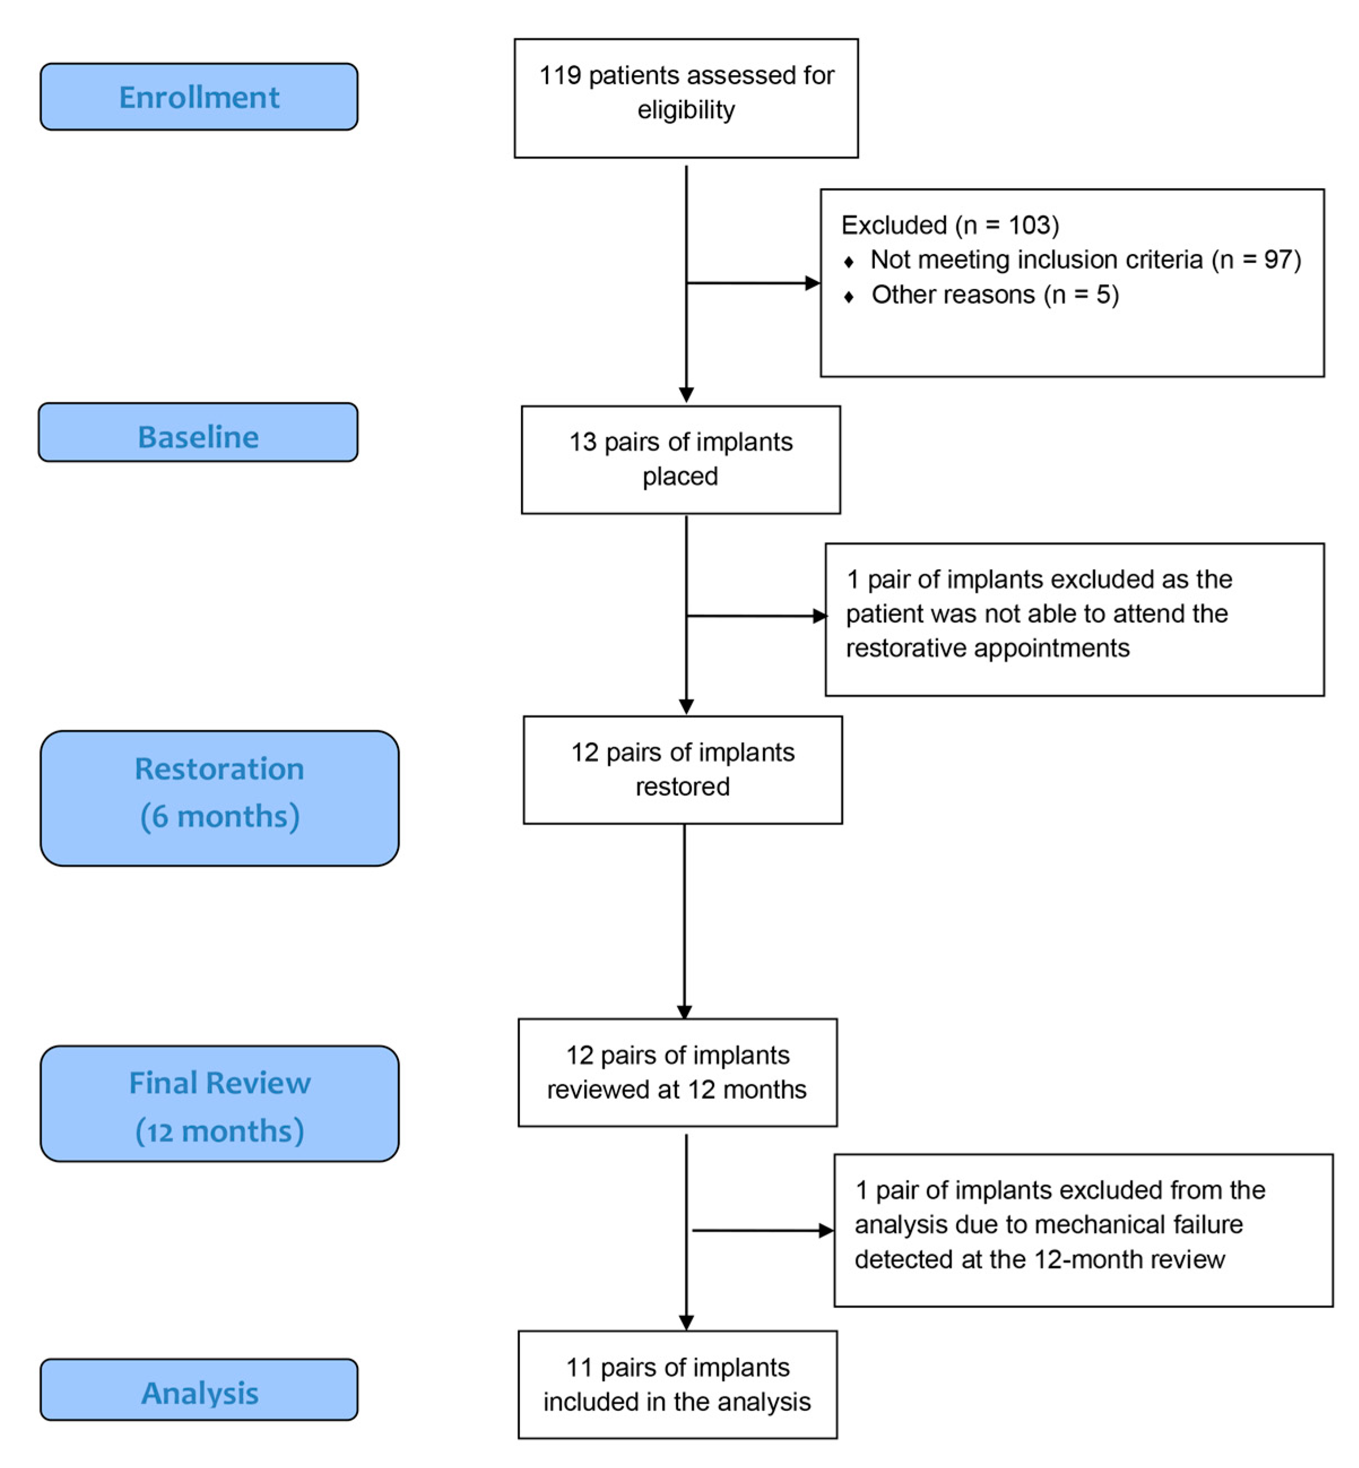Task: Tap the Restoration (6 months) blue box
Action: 219,798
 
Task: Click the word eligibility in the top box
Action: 685,110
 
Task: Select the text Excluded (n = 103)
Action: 949,225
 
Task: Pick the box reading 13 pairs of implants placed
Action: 680,459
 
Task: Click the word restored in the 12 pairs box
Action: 683,786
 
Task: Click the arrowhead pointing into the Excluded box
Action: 813,283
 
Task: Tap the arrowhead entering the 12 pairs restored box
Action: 686,707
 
